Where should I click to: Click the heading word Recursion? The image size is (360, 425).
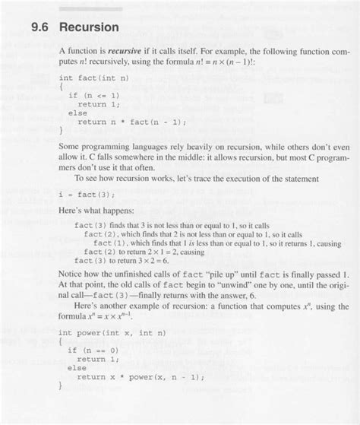89,27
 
